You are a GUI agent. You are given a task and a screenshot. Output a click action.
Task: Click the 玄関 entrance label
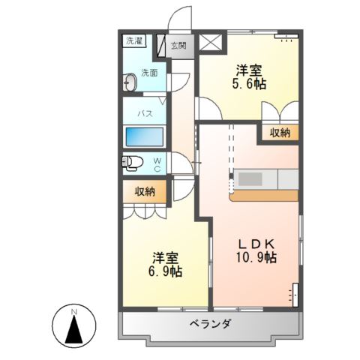[x=178, y=45]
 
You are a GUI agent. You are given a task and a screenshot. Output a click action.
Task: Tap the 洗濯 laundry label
[x=133, y=40]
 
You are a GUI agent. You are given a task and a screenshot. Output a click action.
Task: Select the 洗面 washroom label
[x=149, y=73]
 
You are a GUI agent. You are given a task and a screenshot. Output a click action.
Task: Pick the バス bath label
[x=145, y=112]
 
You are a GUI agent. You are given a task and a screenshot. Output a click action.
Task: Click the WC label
[x=157, y=164]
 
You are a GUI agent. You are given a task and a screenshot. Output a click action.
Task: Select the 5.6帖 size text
[x=247, y=85]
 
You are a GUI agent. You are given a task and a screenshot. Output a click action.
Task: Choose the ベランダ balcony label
[x=210, y=324]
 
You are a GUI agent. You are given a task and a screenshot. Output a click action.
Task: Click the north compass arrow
[x=74, y=328]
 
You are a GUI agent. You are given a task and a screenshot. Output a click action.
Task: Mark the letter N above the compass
[x=74, y=310]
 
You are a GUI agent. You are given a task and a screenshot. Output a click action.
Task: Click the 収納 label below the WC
[x=145, y=191]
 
